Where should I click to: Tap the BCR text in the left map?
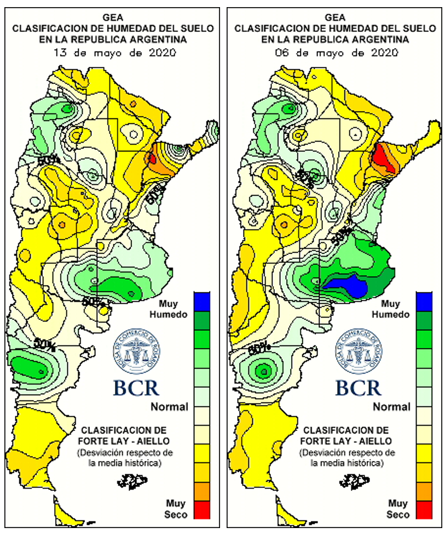(x=136, y=387)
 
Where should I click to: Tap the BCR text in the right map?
(x=359, y=387)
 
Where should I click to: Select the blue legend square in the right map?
(x=424, y=300)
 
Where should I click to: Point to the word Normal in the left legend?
(x=169, y=407)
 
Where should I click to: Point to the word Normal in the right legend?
(x=391, y=407)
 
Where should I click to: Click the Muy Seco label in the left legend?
(x=176, y=508)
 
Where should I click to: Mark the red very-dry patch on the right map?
(x=383, y=156)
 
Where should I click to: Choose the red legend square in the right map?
(x=424, y=509)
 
